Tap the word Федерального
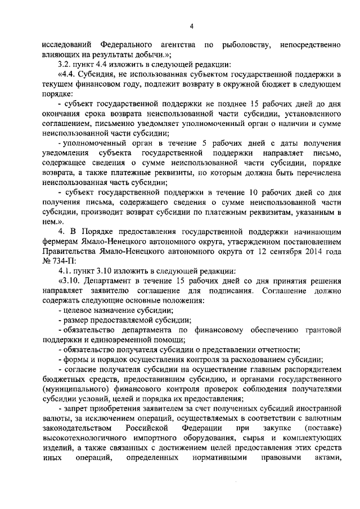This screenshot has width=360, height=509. [x=128, y=44]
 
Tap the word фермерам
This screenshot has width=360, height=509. [x=61, y=242]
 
